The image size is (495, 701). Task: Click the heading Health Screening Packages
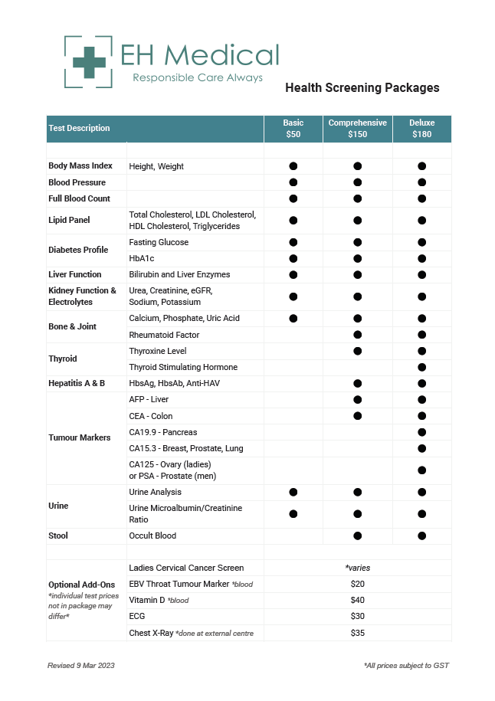pyautogui.click(x=362, y=88)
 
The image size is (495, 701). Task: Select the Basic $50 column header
pyautogui.click(x=293, y=129)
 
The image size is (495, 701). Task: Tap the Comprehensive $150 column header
pyautogui.click(x=357, y=129)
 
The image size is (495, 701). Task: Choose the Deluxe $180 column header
pyautogui.click(x=422, y=129)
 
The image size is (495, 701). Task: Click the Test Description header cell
pyautogui.click(x=79, y=129)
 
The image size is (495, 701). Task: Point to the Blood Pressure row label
pyautogui.click(x=77, y=182)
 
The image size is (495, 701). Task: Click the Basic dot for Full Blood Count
pyautogui.click(x=293, y=198)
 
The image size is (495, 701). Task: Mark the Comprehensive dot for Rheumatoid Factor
pyautogui.click(x=357, y=335)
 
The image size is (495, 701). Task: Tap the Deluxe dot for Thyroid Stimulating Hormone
pyautogui.click(x=422, y=367)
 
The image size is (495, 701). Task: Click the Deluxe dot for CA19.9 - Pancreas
pyautogui.click(x=422, y=432)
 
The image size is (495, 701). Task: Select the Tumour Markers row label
pyautogui.click(x=79, y=437)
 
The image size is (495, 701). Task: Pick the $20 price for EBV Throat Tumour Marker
pyautogui.click(x=357, y=584)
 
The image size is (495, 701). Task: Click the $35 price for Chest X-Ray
pyautogui.click(x=357, y=633)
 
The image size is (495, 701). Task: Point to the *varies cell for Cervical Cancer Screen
pyautogui.click(x=357, y=568)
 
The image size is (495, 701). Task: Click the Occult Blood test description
pyautogui.click(x=152, y=536)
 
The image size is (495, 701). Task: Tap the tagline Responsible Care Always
pyautogui.click(x=198, y=78)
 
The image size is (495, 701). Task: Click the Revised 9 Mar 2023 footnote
pyautogui.click(x=80, y=666)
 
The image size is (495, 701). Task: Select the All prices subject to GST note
pyautogui.click(x=406, y=666)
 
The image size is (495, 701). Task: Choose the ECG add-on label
pyautogui.click(x=137, y=617)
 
